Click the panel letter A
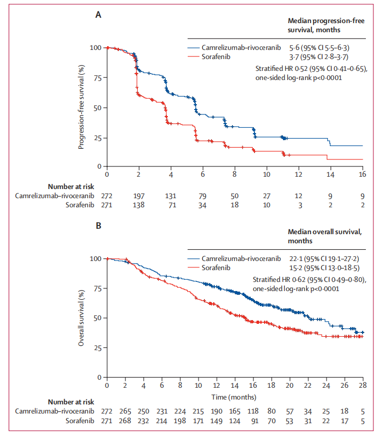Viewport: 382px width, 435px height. pos(99,15)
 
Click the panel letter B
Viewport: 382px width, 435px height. pos(99,226)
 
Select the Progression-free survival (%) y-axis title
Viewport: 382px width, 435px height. pos(81,107)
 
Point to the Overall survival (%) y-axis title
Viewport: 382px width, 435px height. pos(81,317)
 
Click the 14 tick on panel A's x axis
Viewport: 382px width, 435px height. pos(330,175)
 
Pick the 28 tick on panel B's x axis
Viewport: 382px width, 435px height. pos(363,386)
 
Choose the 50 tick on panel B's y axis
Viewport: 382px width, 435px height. pos(97,318)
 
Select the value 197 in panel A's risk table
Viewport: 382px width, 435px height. pos(139,195)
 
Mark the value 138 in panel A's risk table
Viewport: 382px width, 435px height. pos(139,205)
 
